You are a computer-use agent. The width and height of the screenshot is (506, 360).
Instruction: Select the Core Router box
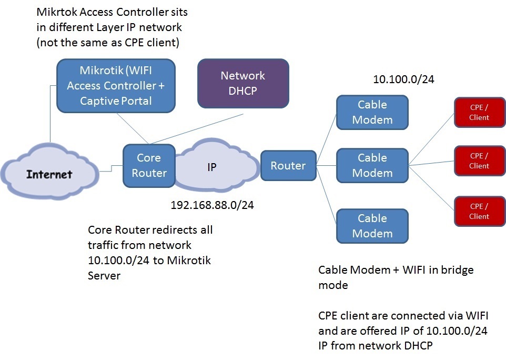[149, 165]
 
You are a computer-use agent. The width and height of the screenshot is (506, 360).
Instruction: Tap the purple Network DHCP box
[242, 83]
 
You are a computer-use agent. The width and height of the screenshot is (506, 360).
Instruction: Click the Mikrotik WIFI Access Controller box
[115, 85]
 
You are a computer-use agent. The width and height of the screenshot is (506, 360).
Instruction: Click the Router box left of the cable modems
[288, 166]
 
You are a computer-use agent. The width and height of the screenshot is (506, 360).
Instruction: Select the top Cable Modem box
[372, 112]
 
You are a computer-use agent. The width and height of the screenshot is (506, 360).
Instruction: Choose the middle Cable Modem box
[372, 165]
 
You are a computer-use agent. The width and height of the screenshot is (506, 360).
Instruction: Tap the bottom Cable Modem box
[372, 226]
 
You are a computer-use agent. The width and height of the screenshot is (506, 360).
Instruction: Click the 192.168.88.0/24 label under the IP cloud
[212, 205]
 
